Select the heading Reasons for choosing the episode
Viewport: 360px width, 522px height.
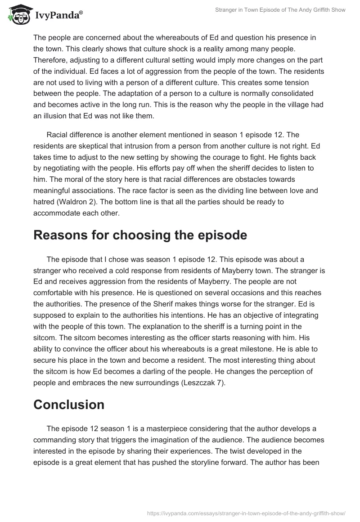click(140, 235)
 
